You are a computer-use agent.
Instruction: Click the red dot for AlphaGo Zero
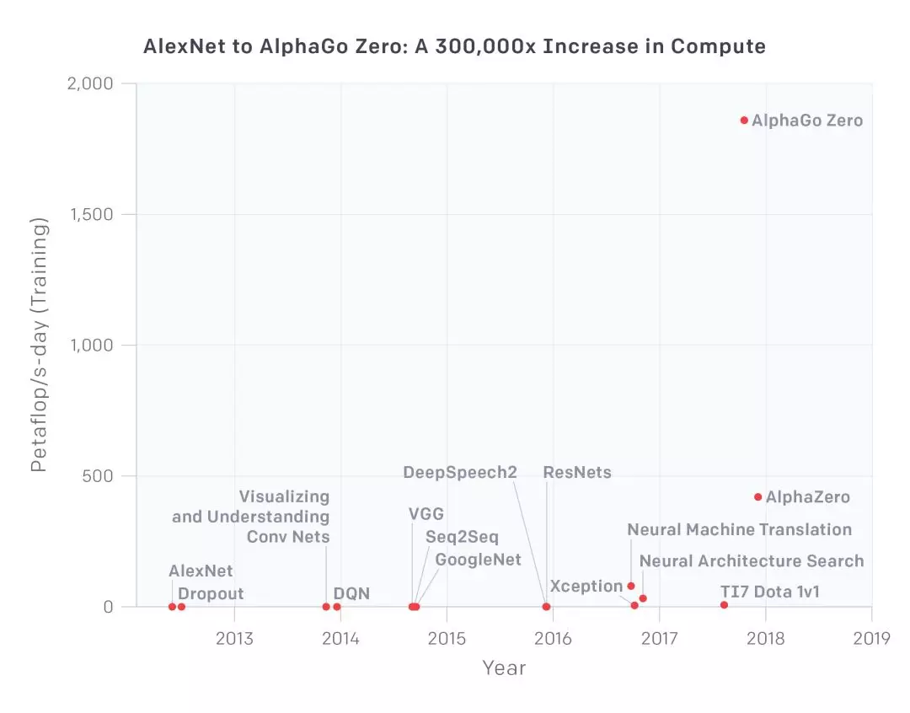coord(744,121)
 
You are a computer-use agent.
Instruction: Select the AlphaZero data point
coord(758,497)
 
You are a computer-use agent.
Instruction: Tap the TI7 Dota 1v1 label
coord(769,592)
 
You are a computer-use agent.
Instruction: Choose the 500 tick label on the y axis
coord(98,476)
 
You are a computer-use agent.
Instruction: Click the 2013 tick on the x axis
coord(234,637)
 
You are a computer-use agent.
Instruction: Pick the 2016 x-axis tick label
coord(553,637)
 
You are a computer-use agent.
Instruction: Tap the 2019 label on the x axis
coord(871,637)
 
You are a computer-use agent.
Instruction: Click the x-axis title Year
coord(504,668)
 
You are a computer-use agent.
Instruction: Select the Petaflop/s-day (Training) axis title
coord(40,345)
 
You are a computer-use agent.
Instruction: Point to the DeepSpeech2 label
coord(460,472)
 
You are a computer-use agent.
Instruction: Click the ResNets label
coord(577,472)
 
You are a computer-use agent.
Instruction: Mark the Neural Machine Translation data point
coord(631,586)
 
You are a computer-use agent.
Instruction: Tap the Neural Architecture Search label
coord(752,561)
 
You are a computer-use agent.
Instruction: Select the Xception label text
coord(586,586)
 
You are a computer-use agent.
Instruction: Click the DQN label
coord(351,594)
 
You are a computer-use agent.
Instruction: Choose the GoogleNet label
coord(478,560)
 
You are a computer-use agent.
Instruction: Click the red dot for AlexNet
coord(172,607)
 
